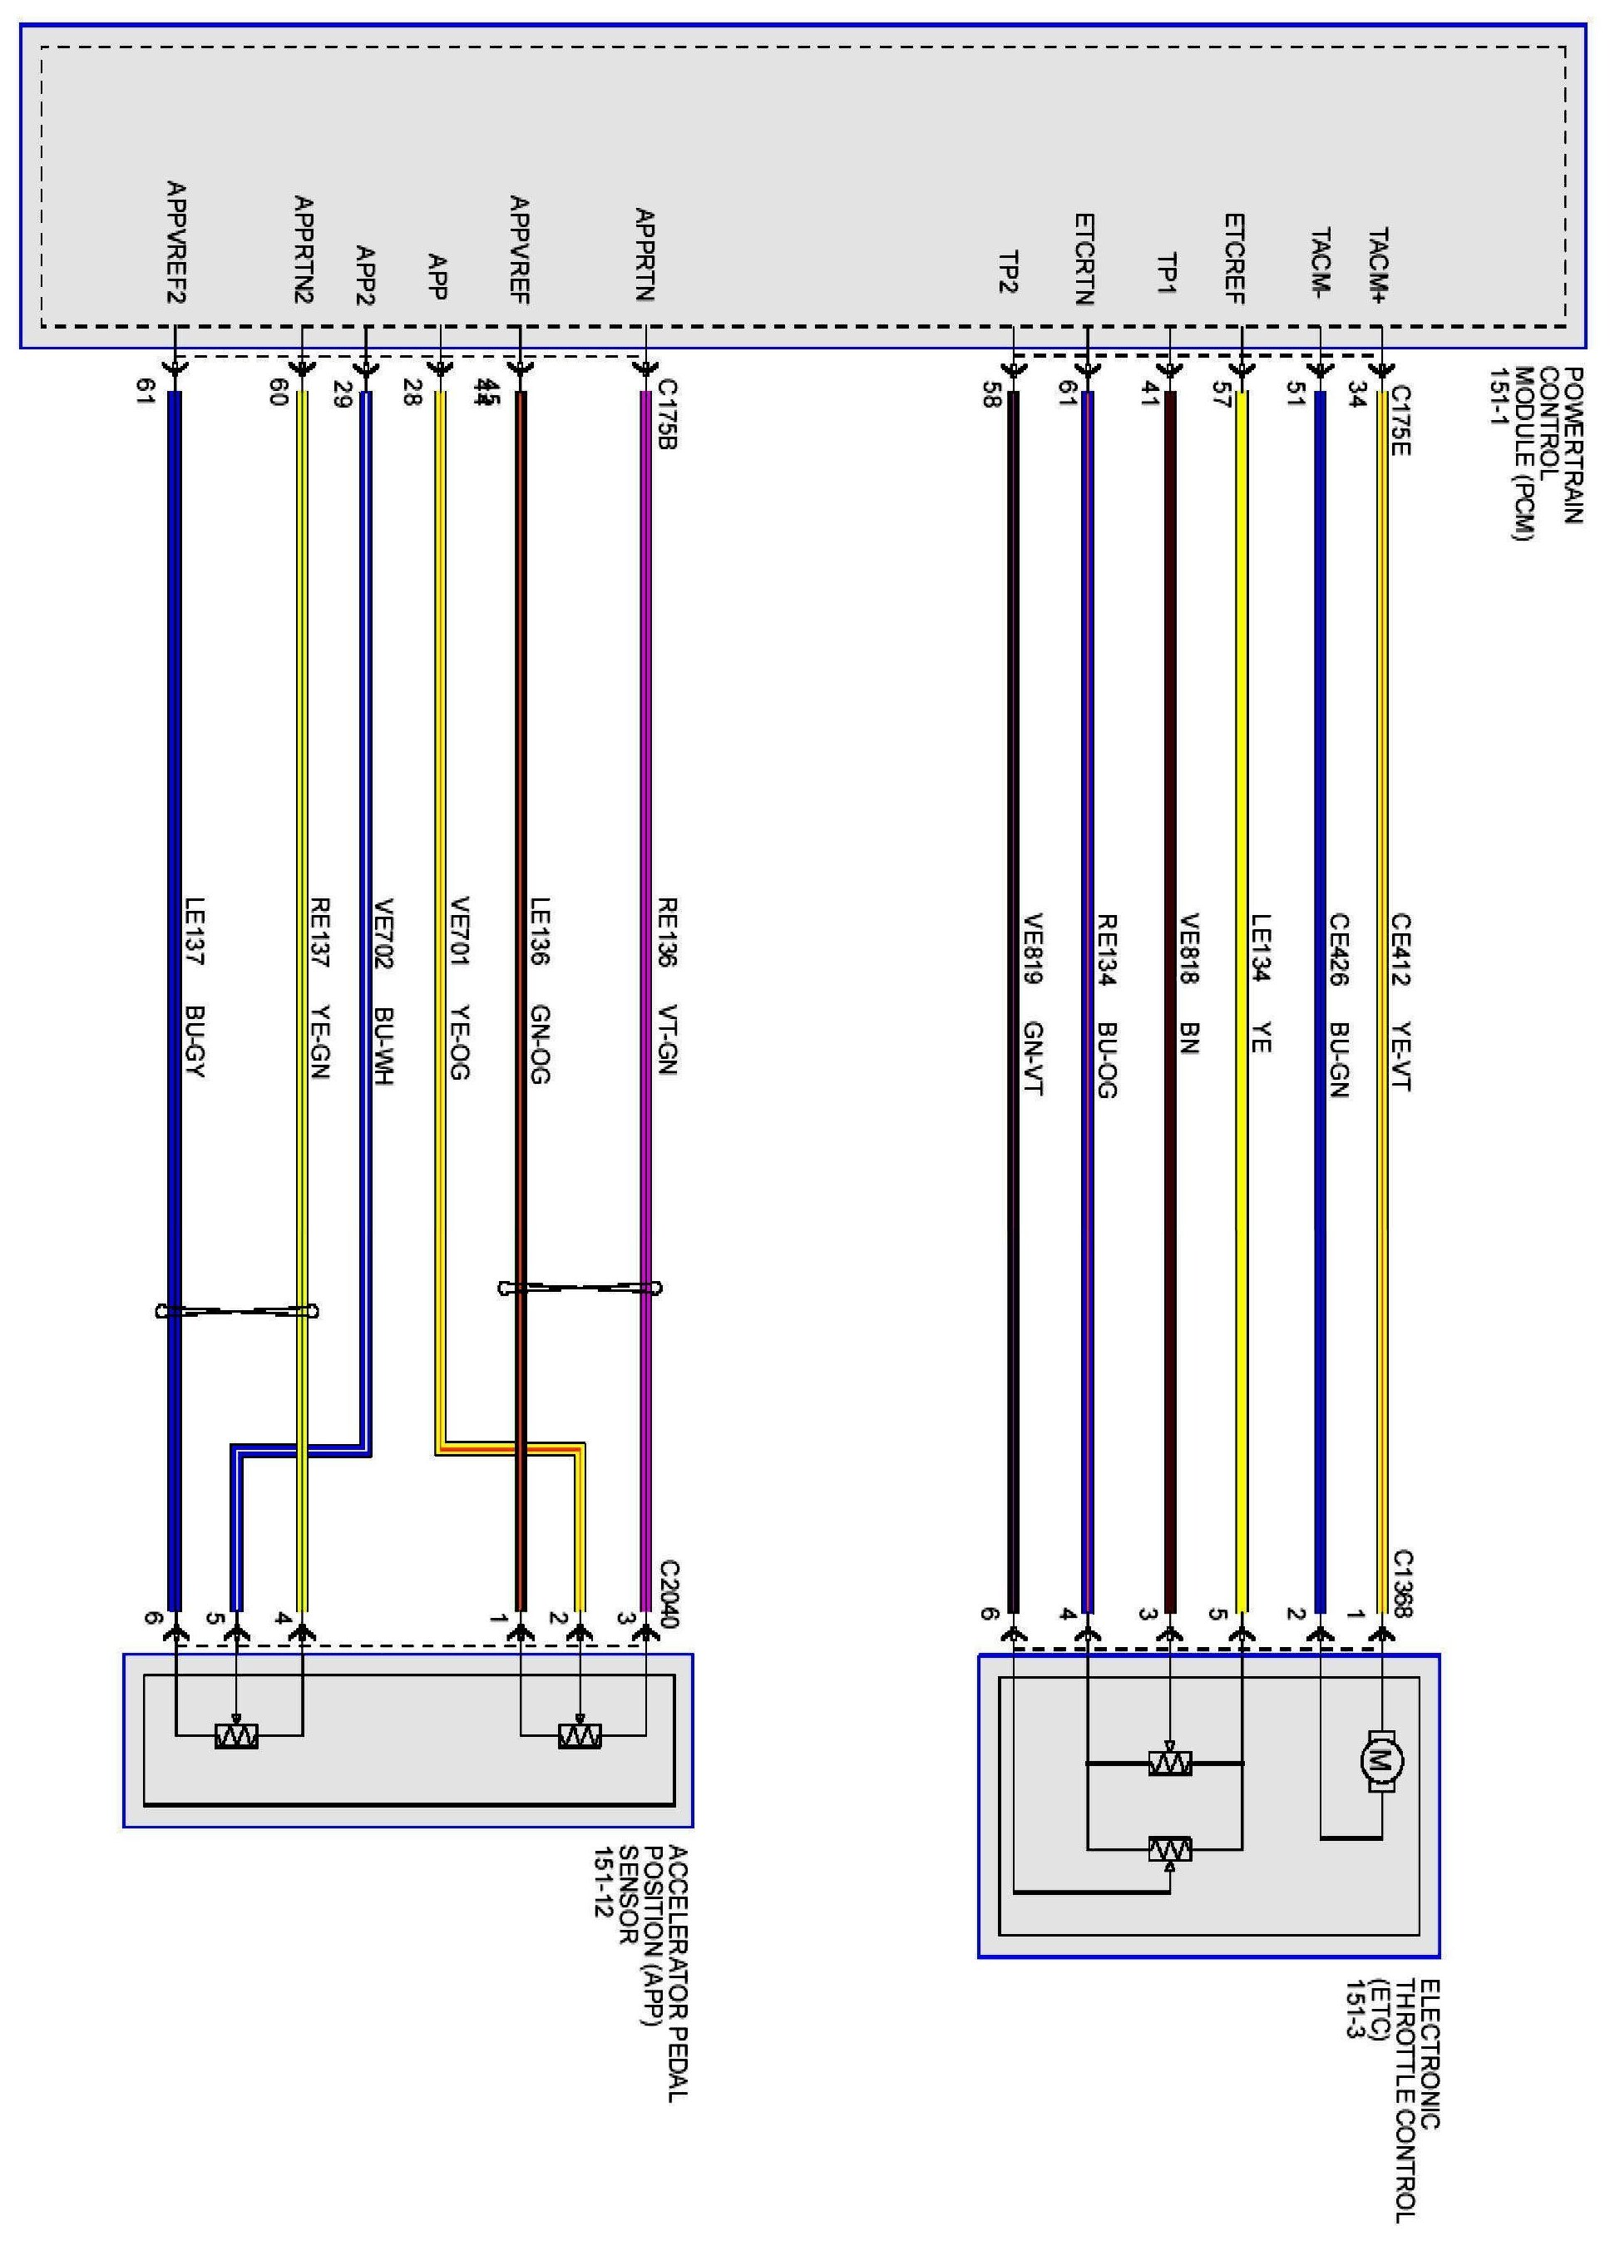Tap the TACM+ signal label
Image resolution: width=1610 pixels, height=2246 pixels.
click(1378, 265)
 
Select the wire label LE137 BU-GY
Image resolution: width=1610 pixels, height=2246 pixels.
click(194, 987)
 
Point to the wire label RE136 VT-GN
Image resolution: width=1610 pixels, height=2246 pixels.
click(666, 987)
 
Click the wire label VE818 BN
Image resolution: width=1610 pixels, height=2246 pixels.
click(1189, 983)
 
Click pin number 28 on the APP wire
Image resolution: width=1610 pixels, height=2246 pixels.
click(412, 394)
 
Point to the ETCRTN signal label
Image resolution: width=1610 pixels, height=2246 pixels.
click(1084, 260)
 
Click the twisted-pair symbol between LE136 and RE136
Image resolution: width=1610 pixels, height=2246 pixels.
click(580, 1288)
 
